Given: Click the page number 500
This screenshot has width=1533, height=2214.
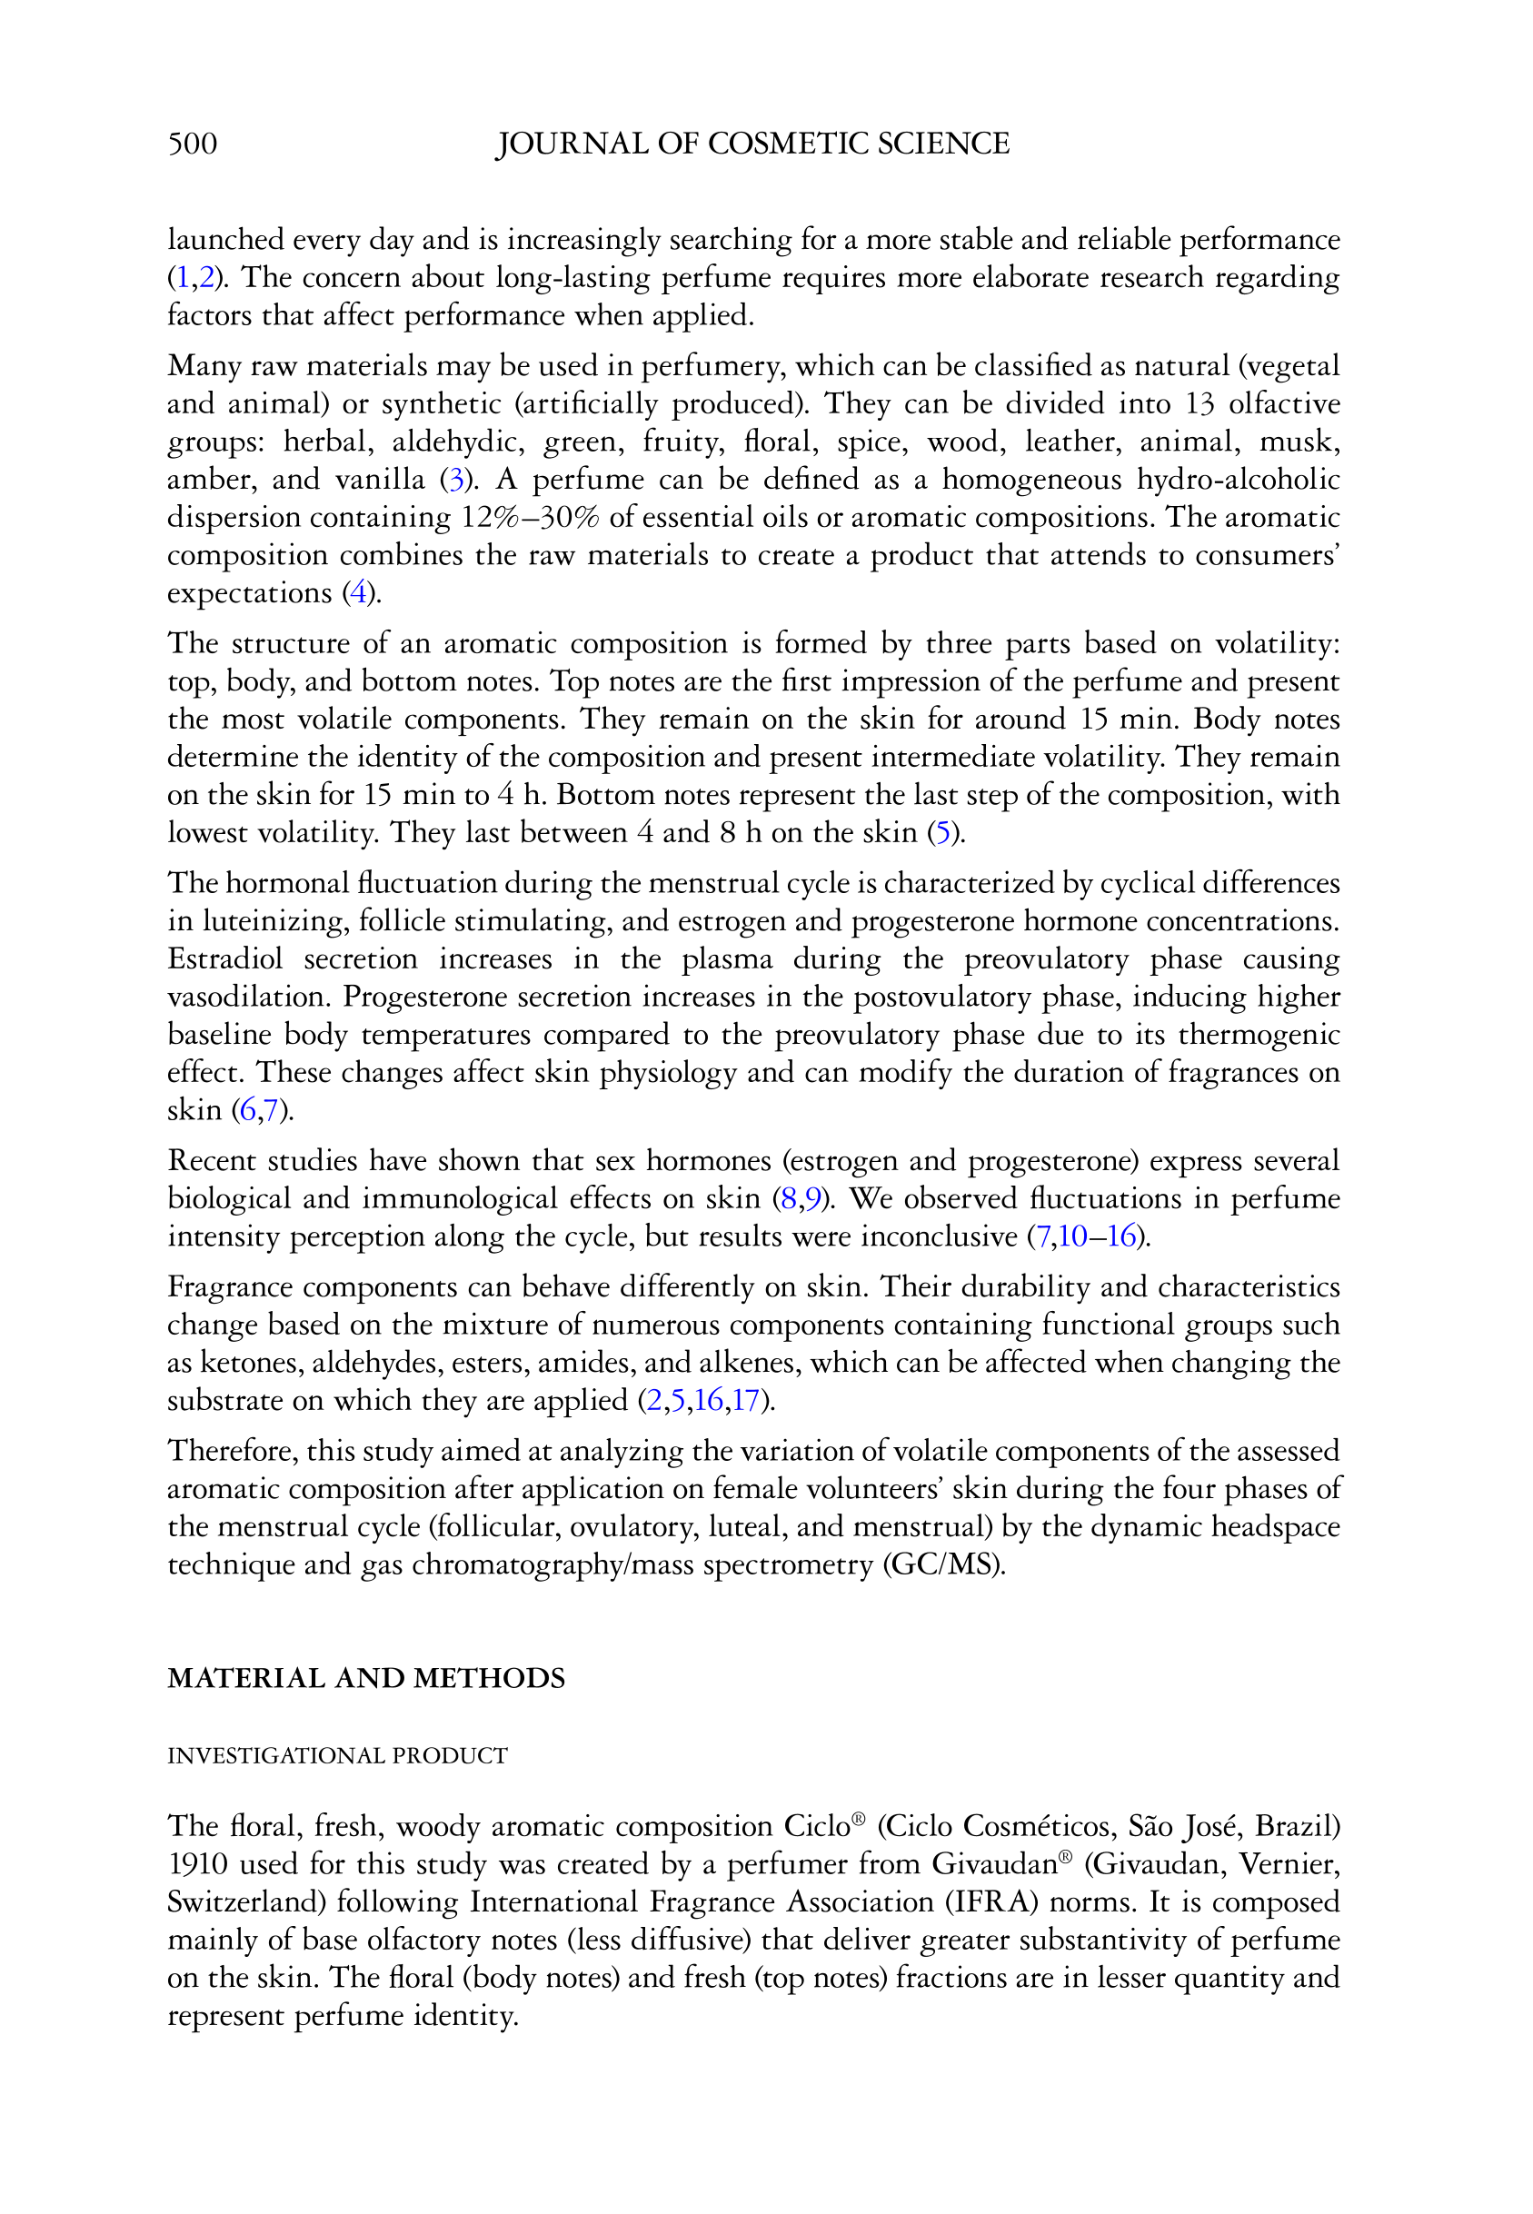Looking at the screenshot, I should tap(192, 144).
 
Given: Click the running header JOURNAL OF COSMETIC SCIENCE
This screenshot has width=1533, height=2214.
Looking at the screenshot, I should tap(752, 144).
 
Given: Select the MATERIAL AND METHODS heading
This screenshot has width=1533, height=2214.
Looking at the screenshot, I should tap(366, 1678).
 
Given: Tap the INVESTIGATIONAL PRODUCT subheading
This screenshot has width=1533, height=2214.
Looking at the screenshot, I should tap(337, 1755).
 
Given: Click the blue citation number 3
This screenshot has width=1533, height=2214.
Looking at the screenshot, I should tap(456, 479).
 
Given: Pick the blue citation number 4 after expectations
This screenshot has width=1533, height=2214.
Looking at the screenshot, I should tap(358, 592).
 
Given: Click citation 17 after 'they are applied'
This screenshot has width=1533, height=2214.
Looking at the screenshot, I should tap(745, 1400).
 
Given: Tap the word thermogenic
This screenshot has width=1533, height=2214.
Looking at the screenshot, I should tap(1259, 1034).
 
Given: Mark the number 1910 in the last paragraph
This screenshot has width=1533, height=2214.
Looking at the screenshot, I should tap(197, 1863).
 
